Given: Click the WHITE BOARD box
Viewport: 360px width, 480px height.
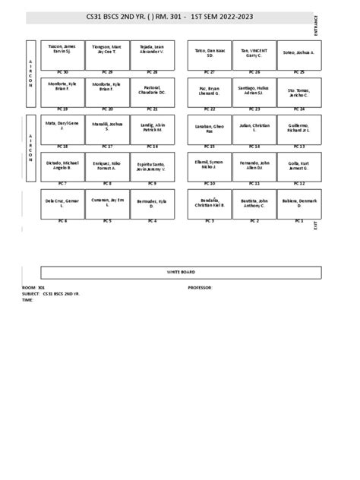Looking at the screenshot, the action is tap(180, 271).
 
